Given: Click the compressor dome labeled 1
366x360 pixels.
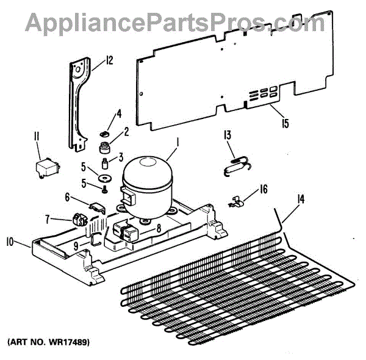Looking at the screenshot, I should tap(146, 182).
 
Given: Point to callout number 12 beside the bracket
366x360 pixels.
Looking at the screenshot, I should tap(109, 60).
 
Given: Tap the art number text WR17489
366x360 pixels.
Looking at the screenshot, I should tap(48, 343).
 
